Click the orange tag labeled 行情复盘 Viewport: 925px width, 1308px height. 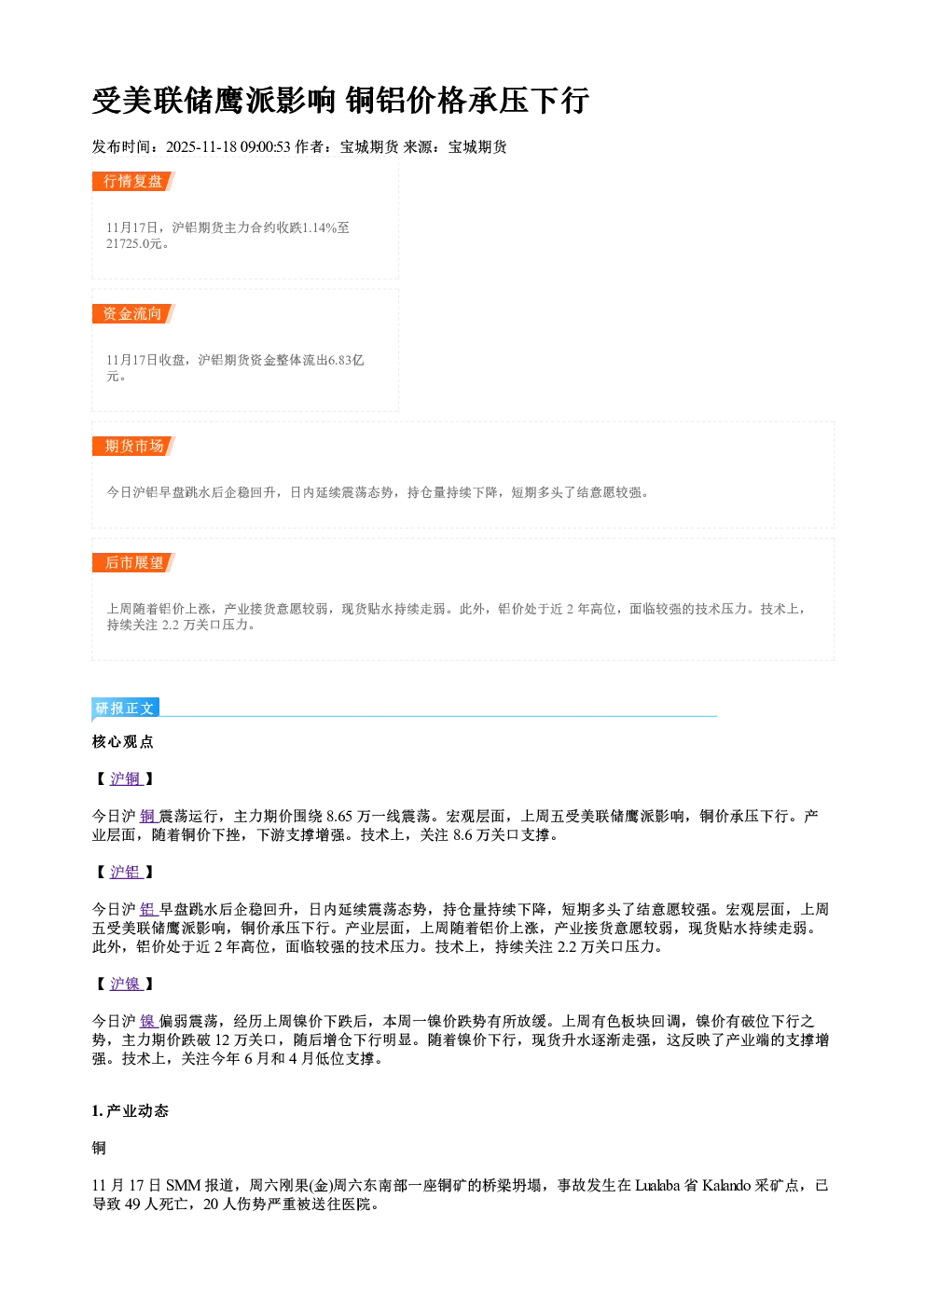(133, 181)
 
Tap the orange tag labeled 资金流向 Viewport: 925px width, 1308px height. (133, 313)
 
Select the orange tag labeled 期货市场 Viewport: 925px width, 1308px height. (133, 447)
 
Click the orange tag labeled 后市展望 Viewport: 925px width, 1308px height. (133, 562)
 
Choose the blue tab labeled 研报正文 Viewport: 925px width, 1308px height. (125, 709)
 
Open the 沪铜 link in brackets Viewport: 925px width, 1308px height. (126, 778)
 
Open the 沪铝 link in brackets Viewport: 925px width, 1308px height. (126, 872)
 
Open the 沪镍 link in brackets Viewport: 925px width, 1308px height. (126, 984)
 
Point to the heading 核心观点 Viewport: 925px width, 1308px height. (123, 741)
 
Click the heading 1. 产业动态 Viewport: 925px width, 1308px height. (131, 1110)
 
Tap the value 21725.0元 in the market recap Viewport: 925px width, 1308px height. (133, 243)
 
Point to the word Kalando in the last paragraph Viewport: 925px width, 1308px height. (725, 1185)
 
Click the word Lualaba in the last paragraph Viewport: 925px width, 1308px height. (657, 1185)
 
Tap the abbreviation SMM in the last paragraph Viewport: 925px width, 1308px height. (183, 1185)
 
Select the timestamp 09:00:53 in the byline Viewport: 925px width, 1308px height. (265, 146)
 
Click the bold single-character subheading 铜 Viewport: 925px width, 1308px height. (99, 1148)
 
